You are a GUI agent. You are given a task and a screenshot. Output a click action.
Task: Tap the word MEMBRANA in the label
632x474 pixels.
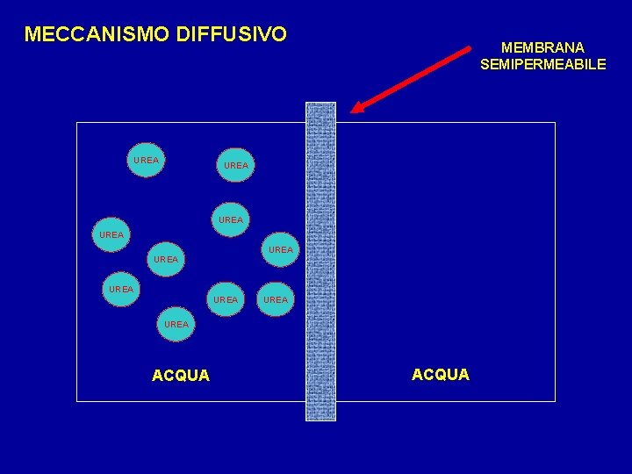[x=542, y=47]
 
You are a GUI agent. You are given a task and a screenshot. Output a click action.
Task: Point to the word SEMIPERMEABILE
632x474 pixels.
[x=542, y=64]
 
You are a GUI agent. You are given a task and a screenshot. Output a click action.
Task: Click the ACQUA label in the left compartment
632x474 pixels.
[x=181, y=376]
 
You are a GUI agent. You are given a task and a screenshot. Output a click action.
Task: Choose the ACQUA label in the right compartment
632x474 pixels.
[x=441, y=375]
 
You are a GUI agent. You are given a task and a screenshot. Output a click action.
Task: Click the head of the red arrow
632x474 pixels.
[x=356, y=109]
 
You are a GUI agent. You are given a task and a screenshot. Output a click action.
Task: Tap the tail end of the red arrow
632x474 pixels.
[x=468, y=49]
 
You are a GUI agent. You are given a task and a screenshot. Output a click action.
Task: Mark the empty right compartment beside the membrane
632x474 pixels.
[x=448, y=246]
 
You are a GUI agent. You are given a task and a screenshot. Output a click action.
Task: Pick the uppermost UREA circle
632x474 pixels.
[x=147, y=161]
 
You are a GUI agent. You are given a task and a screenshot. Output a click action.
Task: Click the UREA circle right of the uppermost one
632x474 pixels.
[x=236, y=165]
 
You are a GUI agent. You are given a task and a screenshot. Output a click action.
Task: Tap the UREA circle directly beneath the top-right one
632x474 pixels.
[x=231, y=219]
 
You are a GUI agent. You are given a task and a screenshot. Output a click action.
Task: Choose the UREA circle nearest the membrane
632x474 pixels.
[x=281, y=250]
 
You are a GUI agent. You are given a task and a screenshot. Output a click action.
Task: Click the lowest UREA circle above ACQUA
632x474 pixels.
[x=176, y=325]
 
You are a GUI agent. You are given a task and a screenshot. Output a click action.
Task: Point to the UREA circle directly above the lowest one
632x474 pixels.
[x=166, y=260]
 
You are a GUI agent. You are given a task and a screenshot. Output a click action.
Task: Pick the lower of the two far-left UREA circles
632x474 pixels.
[x=120, y=289]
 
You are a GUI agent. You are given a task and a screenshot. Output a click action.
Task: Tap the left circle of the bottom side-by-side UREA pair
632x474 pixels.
[x=226, y=299]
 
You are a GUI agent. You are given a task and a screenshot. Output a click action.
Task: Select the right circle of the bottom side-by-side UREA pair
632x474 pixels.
[x=276, y=299]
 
